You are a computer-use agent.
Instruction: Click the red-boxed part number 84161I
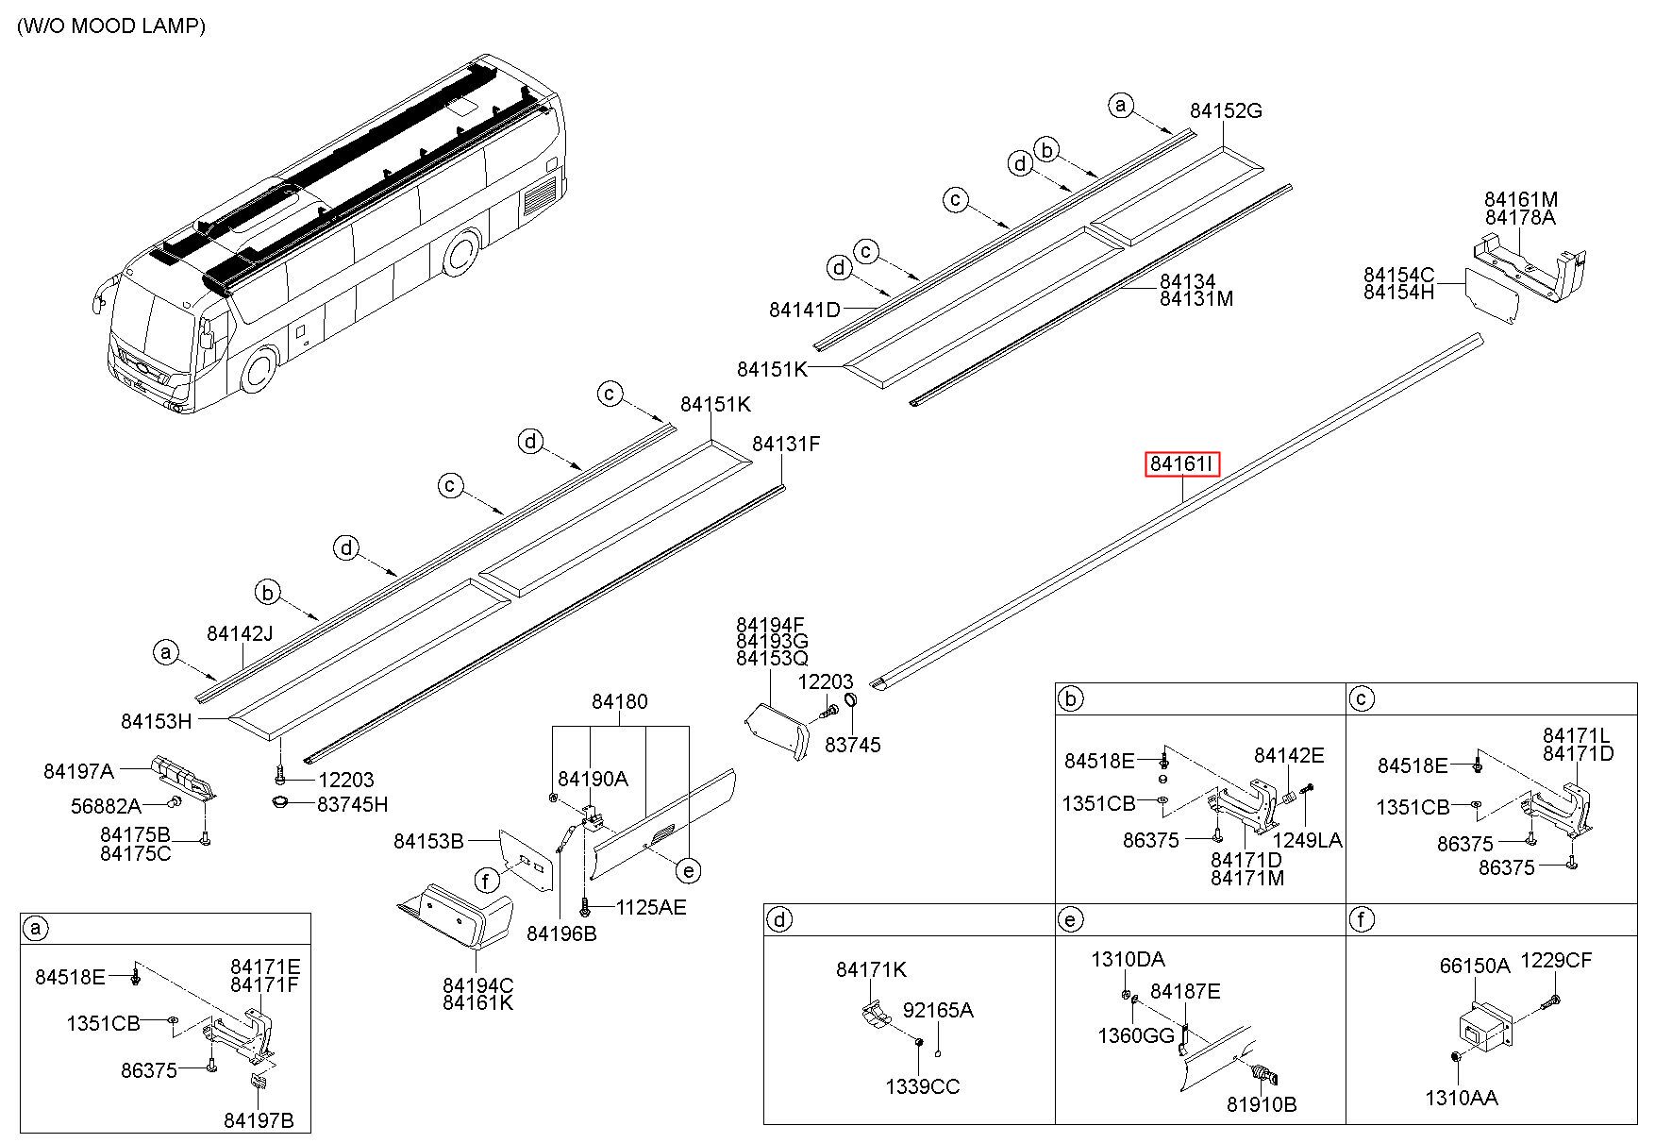pos(1182,464)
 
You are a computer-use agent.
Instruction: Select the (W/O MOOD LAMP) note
pos(111,26)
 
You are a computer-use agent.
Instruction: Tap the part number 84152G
pos(1226,110)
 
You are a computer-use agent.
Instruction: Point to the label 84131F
pos(786,443)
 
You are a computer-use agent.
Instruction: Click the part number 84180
pos(620,701)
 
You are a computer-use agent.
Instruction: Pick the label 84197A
pos(78,771)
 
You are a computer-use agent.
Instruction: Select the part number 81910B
pos(1262,1104)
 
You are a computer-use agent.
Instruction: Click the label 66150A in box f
pos(1475,966)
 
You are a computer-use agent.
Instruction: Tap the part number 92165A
pos(938,1010)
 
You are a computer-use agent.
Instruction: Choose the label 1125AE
pos(651,907)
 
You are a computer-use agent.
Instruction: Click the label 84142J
pos(240,633)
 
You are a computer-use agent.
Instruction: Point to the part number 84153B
pos(428,841)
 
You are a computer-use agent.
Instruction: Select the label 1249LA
pos(1308,840)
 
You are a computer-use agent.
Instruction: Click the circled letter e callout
pos(690,870)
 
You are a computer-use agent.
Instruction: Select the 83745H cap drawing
pos(280,803)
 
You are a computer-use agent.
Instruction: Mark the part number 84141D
pos(804,310)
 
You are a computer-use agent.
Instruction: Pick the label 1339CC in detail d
pos(922,1086)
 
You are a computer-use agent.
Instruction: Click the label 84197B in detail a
pos(259,1120)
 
